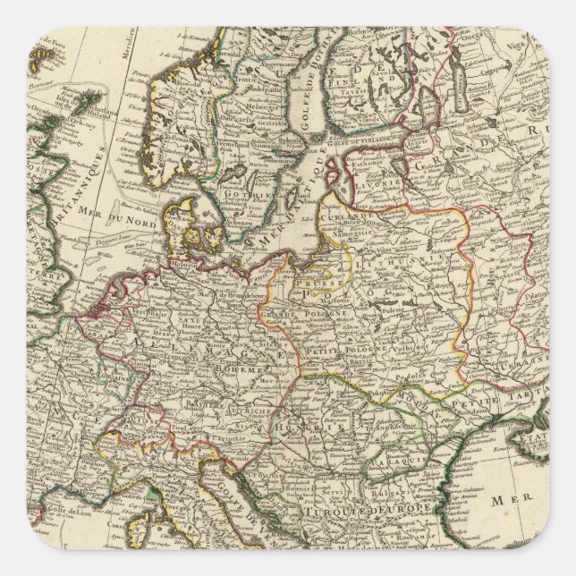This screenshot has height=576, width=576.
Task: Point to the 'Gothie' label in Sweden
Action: pyautogui.click(x=241, y=193)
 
